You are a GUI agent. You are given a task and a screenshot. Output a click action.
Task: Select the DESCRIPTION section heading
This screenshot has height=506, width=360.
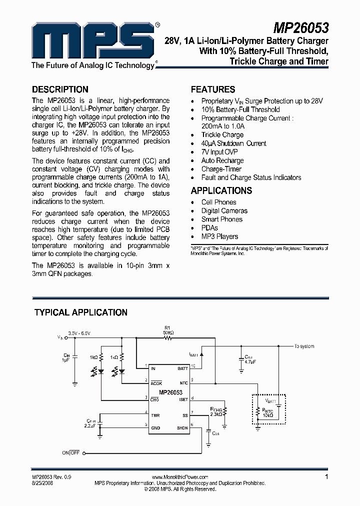pyautogui.click(x=60, y=89)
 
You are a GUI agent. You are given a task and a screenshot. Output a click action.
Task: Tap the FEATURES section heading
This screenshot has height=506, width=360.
pyautogui.click(x=213, y=89)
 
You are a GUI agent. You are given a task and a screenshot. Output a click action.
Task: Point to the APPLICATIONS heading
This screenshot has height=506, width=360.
pyautogui.click(x=221, y=190)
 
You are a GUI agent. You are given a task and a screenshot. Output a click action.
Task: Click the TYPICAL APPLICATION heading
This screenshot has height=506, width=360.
pyautogui.click(x=80, y=312)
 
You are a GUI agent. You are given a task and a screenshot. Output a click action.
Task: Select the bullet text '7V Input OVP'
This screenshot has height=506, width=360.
pyautogui.click(x=219, y=152)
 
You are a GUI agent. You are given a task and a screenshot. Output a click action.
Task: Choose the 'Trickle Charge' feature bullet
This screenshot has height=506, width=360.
pyautogui.click(x=222, y=135)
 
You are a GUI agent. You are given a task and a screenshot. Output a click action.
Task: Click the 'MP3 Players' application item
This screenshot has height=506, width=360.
pyautogui.click(x=219, y=236)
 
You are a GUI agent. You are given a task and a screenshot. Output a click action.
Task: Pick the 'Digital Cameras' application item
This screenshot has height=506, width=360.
pyautogui.click(x=224, y=211)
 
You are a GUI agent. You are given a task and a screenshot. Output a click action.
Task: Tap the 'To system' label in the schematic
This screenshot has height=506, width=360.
pyautogui.click(x=304, y=346)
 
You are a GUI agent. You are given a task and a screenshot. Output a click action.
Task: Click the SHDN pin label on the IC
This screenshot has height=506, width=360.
pyautogui.click(x=182, y=427)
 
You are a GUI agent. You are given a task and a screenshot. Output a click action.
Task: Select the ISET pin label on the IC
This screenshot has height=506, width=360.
pyautogui.click(x=183, y=399)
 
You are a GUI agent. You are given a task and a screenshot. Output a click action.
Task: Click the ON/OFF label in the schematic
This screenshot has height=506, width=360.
pyautogui.click(x=70, y=452)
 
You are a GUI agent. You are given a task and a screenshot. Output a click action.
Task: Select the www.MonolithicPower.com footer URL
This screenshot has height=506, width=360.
pyautogui.click(x=179, y=477)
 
